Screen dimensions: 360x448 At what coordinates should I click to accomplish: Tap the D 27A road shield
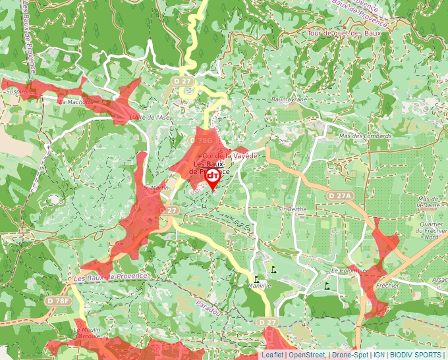[x=341, y=195]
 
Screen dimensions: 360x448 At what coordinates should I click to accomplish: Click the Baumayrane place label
[x=289, y=99]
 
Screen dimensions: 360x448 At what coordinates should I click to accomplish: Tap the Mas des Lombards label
[x=364, y=136]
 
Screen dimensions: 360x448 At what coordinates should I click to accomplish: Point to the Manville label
[x=260, y=286]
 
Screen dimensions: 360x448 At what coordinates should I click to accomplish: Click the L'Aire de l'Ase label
[x=150, y=117]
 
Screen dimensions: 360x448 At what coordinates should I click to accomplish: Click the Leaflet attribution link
[x=272, y=355]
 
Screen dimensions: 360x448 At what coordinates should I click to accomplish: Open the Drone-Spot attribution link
[x=349, y=355]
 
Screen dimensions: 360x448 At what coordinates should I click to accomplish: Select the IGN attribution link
[x=379, y=355]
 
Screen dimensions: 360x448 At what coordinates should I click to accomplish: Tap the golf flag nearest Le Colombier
[x=327, y=287]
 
